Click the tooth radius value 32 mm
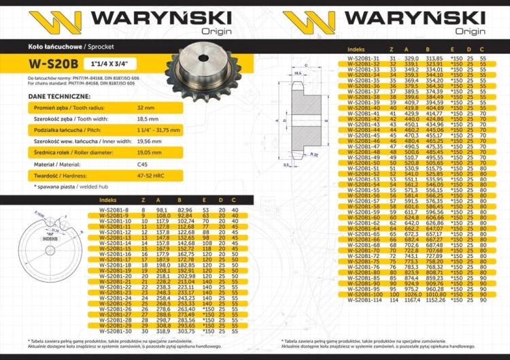click(146, 108)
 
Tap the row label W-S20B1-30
click(114, 331)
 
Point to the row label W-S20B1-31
click(363, 59)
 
